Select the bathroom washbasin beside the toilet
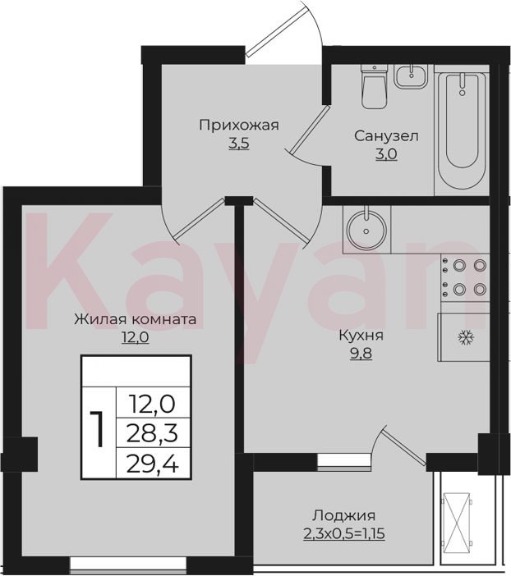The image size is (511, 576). tap(412, 76)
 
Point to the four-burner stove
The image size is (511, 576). tap(465, 277)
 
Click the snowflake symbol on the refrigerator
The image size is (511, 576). tap(466, 337)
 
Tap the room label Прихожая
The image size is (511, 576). tap(239, 126)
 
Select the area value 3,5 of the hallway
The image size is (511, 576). tap(239, 144)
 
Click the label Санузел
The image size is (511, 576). tap(386, 136)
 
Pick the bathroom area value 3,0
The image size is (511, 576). tap(386, 154)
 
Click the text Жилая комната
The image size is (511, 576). tap(136, 319)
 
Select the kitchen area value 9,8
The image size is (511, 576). tap(361, 354)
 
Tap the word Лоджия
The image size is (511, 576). tap(344, 515)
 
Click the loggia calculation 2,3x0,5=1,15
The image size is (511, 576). tap(344, 533)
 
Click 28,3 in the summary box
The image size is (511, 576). tap(152, 433)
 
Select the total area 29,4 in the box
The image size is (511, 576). tap(152, 464)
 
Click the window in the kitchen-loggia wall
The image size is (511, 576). tap(343, 463)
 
